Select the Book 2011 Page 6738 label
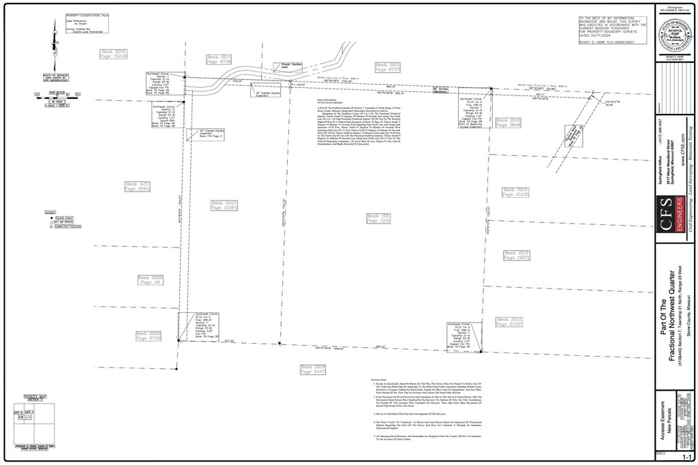coord(219,59)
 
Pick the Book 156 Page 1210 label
coord(378,218)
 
